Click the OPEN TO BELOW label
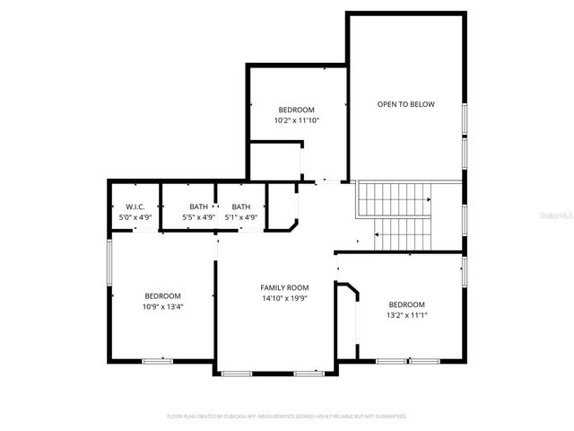click(405, 104)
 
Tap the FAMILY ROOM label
click(284, 287)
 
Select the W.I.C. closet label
click(135, 207)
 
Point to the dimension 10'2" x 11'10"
click(297, 119)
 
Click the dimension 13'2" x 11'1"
click(406, 315)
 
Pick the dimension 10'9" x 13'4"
click(163, 307)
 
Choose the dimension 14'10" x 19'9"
click(284, 298)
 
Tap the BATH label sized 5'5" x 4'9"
click(198, 207)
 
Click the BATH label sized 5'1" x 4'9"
click(240, 207)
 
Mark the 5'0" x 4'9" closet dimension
click(135, 217)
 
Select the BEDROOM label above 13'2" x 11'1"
click(406, 304)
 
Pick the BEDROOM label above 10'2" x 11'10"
click(297, 109)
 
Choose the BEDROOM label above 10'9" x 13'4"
click(163, 296)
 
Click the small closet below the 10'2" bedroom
click(274, 160)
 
